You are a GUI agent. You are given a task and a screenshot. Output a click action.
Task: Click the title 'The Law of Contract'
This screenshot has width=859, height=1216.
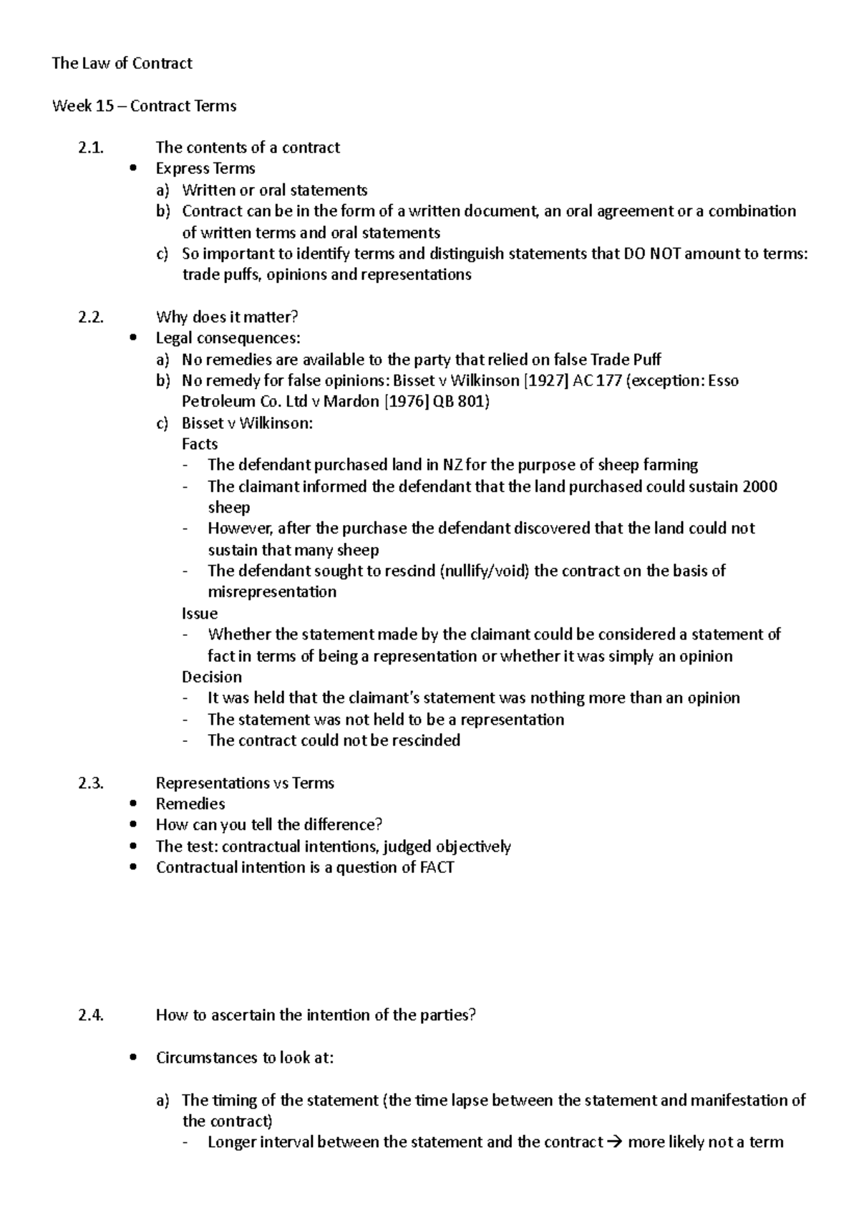[122, 63]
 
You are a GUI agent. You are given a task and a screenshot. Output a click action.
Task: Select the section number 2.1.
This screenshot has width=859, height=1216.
[90, 148]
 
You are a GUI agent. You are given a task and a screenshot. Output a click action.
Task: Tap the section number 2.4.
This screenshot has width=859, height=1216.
[90, 1015]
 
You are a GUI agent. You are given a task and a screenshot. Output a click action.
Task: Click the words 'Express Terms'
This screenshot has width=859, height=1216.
[205, 168]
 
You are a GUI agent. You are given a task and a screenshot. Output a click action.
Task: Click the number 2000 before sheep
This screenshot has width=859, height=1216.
[760, 486]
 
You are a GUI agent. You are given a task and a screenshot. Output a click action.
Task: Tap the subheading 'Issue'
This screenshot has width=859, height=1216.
[200, 613]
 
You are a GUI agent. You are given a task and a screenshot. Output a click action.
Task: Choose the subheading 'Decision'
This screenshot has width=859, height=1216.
[212, 677]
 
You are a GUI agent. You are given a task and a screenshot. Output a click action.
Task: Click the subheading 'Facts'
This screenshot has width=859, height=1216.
[200, 444]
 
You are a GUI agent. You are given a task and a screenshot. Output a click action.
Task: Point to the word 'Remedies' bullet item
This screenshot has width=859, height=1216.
[190, 804]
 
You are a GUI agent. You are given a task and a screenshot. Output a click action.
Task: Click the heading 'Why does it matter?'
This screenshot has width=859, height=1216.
[226, 317]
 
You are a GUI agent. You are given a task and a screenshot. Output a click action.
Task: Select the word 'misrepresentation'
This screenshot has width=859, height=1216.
[272, 592]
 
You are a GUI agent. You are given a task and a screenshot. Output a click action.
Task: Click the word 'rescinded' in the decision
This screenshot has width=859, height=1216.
[422, 740]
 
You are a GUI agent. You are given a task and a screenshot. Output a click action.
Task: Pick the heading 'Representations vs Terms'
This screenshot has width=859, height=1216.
[245, 783]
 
